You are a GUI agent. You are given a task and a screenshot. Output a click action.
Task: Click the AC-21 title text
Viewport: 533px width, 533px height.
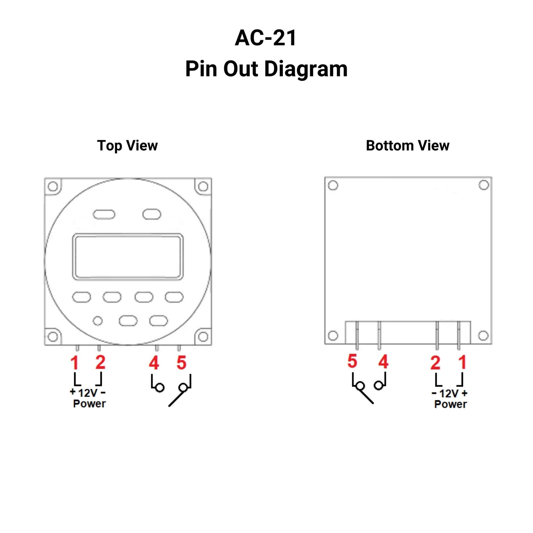coord(266,38)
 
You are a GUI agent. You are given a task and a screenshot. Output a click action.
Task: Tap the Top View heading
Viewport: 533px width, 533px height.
coord(127,146)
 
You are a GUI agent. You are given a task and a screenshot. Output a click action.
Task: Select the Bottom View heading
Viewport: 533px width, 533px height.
coord(407,146)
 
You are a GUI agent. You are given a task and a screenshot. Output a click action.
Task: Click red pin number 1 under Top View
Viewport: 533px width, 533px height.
coord(75,363)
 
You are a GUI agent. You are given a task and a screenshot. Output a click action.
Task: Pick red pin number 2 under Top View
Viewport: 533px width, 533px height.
coord(100,363)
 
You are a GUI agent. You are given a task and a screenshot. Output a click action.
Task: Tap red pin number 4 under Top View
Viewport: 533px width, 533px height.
coord(154,363)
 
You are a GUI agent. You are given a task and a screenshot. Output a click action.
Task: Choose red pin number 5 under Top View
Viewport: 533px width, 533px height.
coord(181,363)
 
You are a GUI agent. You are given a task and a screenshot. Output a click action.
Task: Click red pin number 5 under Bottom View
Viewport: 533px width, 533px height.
coord(352,361)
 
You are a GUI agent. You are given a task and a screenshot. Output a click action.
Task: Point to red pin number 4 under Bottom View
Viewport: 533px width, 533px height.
coord(383,361)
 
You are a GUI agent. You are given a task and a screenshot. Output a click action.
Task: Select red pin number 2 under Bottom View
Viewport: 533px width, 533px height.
coord(435,363)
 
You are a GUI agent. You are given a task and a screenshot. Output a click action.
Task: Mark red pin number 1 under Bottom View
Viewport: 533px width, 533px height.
coord(463,362)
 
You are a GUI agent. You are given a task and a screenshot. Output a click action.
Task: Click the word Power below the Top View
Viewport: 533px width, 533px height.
coord(89,404)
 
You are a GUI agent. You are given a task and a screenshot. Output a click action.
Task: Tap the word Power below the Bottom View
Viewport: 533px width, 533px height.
coord(450,404)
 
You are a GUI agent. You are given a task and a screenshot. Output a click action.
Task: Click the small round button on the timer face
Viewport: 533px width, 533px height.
coord(98,321)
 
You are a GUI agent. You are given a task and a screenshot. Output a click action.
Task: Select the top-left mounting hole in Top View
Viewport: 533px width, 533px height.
coord(53,186)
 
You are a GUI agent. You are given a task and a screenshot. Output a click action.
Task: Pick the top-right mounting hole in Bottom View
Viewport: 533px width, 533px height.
coord(484,185)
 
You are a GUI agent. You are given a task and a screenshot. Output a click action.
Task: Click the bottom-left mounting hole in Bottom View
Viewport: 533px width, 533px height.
coord(333,336)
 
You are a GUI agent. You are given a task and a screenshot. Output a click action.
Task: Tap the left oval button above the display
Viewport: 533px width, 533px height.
coord(104,214)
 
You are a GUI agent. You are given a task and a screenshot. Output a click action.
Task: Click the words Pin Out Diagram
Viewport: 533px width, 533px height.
coord(266,69)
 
